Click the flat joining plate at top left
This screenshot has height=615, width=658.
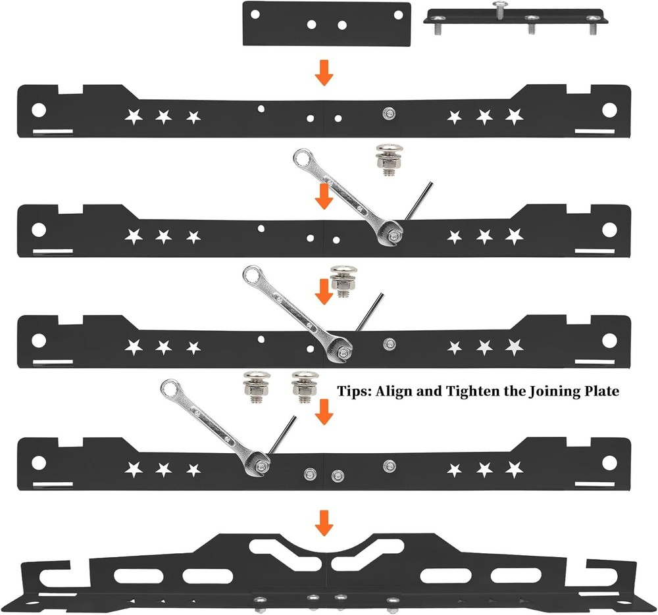(326, 24)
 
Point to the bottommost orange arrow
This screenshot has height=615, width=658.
(323, 524)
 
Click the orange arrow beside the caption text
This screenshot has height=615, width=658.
(323, 413)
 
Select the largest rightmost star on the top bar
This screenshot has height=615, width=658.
(514, 116)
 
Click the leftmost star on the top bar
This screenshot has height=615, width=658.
(134, 117)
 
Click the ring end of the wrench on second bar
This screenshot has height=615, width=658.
(303, 158)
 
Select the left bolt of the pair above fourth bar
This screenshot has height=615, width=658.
(253, 385)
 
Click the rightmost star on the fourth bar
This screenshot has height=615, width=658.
(514, 470)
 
